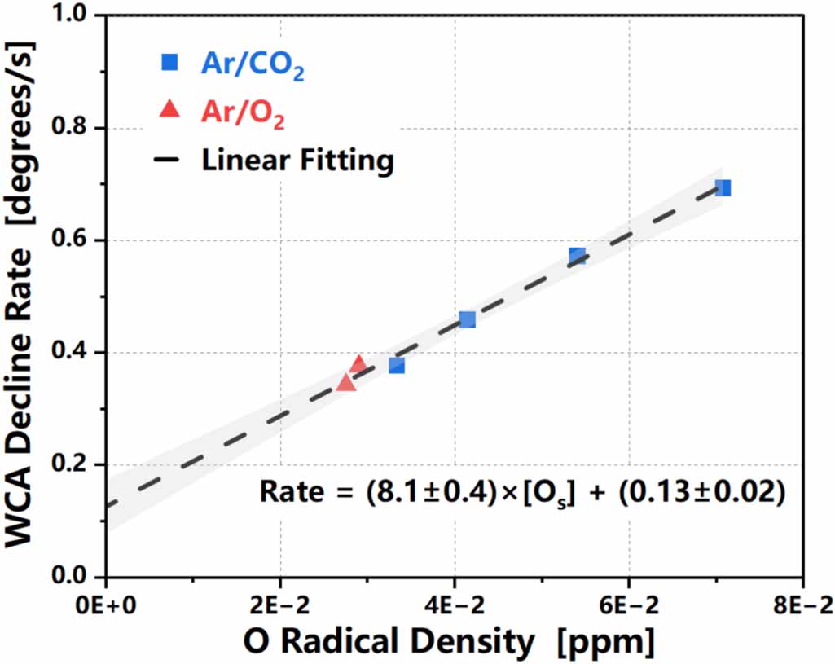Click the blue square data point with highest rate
click(723, 188)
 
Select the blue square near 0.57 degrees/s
click(577, 256)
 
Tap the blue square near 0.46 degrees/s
click(467, 319)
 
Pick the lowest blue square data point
click(396, 366)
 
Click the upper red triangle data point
click(358, 363)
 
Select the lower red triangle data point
click(345, 383)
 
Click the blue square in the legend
click(169, 62)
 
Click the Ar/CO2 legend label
click(253, 64)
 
